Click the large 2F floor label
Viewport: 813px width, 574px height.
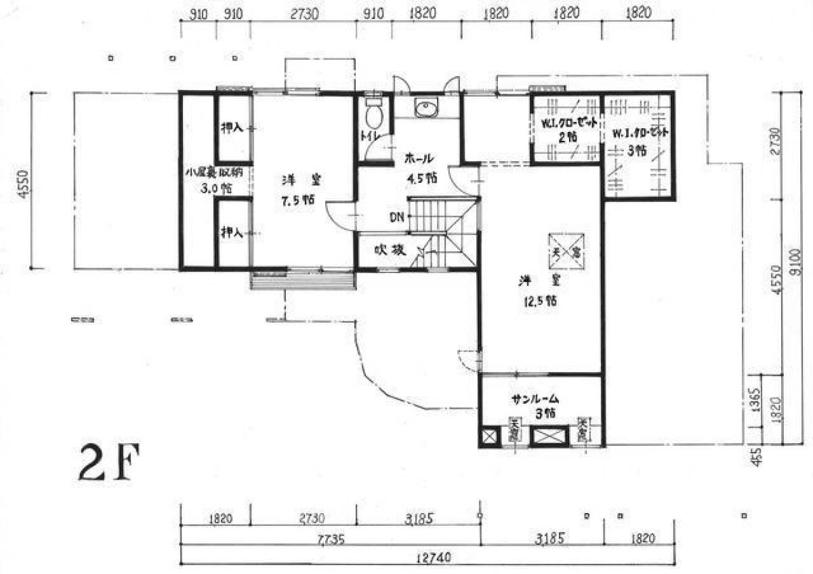108,463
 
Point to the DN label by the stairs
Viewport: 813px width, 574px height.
397,218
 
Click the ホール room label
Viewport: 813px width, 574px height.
419,159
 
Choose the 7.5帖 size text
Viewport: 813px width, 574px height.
298,201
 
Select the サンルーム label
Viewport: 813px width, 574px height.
539,400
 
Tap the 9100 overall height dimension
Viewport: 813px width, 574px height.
797,258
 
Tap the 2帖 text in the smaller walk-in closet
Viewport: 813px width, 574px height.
566,136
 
